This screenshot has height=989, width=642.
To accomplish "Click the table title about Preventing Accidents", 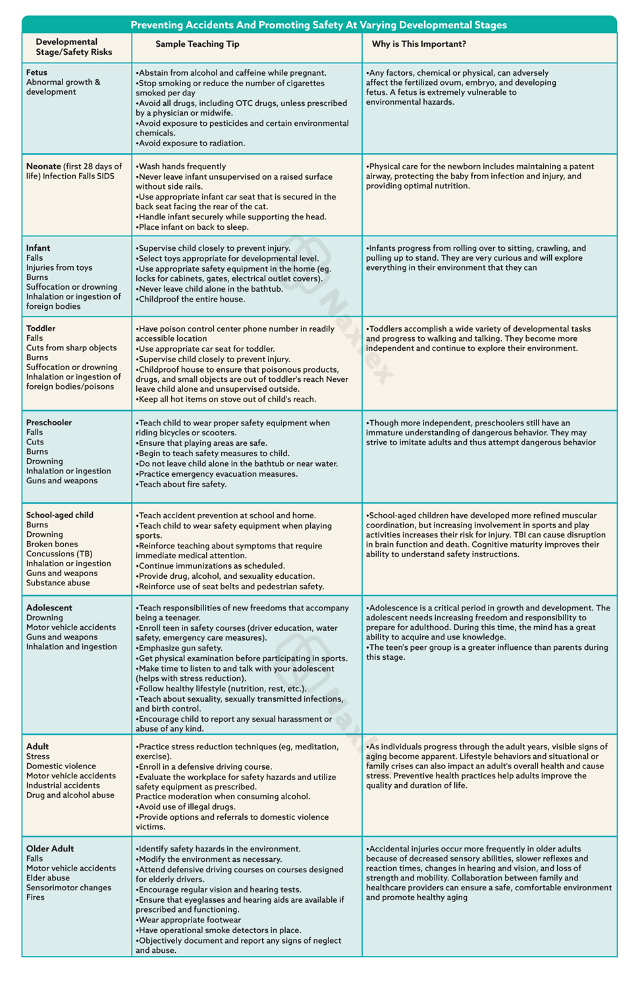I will pos(319,25).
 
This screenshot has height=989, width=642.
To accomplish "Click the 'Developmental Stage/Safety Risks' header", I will pos(74,47).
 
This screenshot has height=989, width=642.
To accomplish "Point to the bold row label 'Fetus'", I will pos(37,72).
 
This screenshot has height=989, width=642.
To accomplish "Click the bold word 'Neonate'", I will pos(43,167).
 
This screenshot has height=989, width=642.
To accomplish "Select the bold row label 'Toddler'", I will pos(41,329).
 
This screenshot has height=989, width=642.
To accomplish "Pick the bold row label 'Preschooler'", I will pos(49,423).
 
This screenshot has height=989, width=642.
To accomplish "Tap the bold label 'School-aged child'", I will pos(60,515).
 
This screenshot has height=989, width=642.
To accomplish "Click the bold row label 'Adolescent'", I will pos(49,608).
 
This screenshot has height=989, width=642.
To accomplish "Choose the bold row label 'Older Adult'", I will pos(50,849).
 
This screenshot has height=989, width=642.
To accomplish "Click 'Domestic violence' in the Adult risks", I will pos(61,766).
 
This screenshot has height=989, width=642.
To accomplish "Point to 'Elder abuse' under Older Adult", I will pos(48,878).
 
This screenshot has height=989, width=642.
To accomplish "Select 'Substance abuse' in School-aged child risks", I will pos(58,583).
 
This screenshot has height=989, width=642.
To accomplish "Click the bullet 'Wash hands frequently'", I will pos(181,167).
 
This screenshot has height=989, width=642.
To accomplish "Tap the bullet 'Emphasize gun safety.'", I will pos(180,648).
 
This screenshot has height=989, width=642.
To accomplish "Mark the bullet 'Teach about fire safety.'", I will pos(182,484).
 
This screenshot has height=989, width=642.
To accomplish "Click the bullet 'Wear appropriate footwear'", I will pos(189,920).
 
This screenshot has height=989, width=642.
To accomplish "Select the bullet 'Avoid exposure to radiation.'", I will pos(191,143).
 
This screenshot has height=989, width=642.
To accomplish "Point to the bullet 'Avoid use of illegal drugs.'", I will pos(186,807).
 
